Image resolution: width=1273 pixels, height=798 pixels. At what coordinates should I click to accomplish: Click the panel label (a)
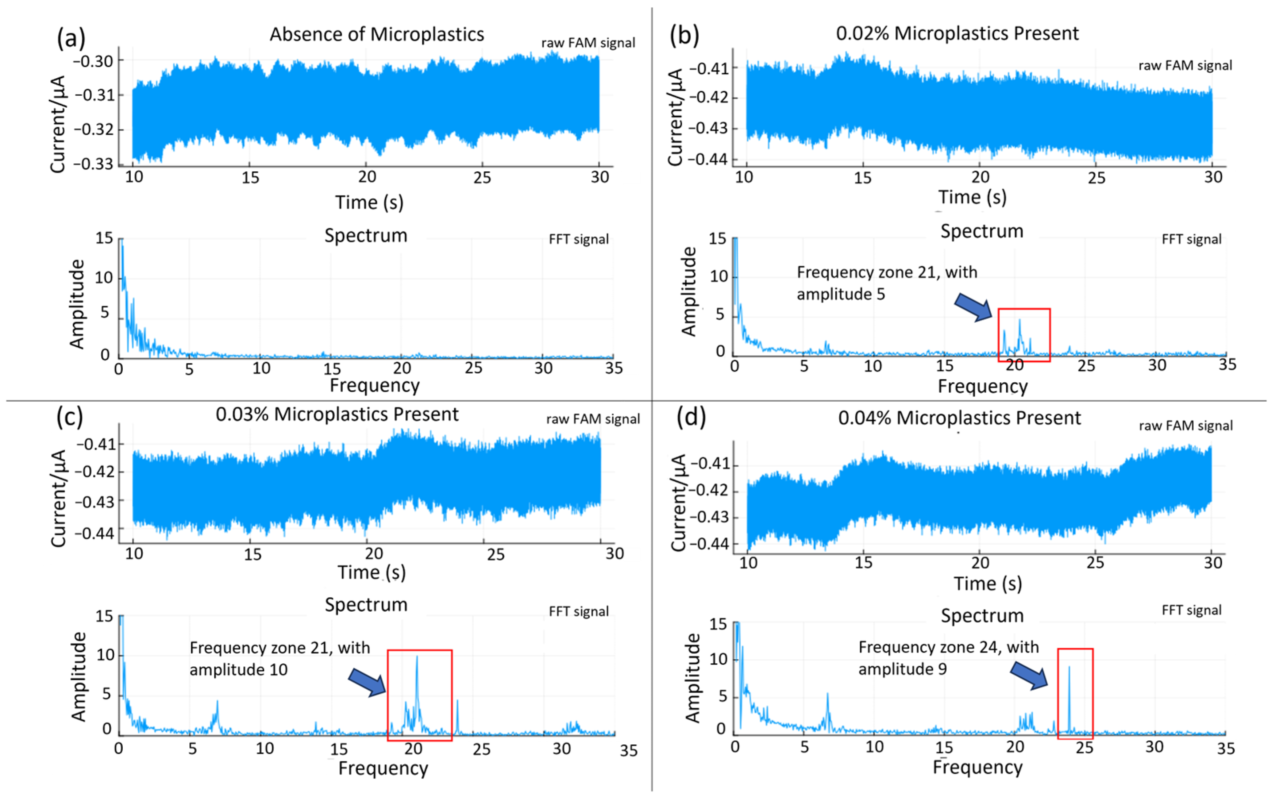click(71, 39)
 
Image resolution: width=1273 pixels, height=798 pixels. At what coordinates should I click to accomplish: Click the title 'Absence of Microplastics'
click(376, 34)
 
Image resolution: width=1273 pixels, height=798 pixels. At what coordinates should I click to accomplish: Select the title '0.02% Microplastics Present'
click(957, 33)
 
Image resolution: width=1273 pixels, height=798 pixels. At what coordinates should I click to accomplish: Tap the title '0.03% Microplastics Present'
click(337, 414)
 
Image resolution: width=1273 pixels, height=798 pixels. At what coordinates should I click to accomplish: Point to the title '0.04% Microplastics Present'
click(959, 418)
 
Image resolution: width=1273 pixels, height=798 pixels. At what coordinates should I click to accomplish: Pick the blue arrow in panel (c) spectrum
click(368, 682)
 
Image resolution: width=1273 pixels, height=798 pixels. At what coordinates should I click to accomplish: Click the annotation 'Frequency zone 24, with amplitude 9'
click(948, 658)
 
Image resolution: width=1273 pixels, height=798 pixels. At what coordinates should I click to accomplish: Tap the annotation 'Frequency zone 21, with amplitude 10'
click(280, 659)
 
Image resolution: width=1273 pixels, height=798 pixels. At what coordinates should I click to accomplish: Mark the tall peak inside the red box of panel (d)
click(1069, 668)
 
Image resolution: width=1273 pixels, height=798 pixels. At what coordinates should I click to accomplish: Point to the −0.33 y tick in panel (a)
click(93, 164)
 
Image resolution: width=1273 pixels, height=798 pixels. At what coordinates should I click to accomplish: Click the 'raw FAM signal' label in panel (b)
click(1185, 66)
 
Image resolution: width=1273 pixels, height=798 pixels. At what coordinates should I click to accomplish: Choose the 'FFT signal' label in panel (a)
click(579, 240)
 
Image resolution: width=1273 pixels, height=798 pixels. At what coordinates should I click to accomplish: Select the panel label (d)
click(690, 417)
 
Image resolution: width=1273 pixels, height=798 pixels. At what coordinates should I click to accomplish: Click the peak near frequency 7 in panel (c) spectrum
click(217, 702)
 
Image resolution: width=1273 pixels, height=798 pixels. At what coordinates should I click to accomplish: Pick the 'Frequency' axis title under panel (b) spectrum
click(982, 386)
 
